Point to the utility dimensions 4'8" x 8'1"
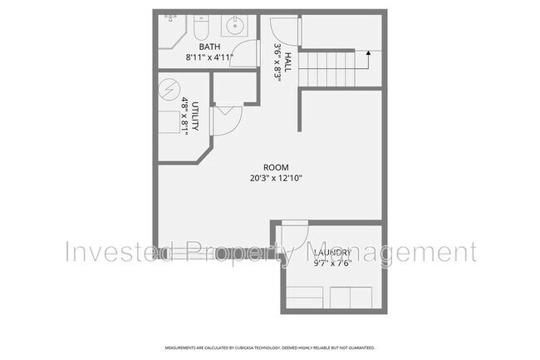184,114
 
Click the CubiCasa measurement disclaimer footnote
270,348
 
